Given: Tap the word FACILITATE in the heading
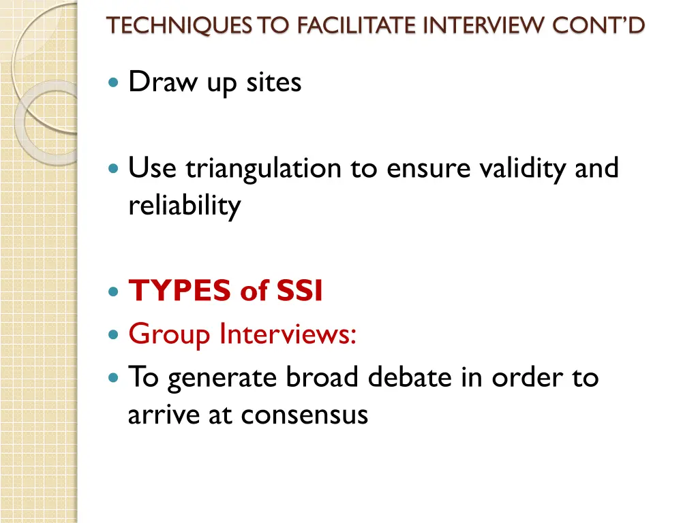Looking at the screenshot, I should (356, 25).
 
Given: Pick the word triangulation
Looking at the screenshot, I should (264, 168).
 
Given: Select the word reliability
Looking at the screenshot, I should (184, 205).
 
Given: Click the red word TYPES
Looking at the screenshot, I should (180, 291).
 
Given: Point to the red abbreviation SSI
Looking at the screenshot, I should (299, 291).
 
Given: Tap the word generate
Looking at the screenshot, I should (225, 378).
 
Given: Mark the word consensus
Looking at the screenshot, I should (307, 414).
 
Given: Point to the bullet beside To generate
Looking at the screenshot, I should (113, 377).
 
